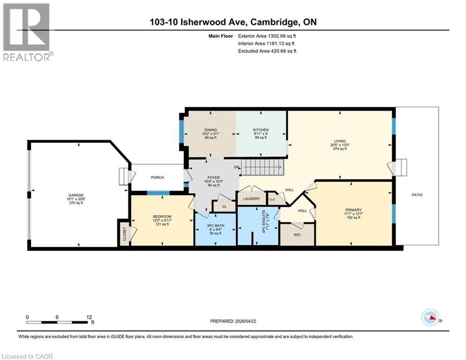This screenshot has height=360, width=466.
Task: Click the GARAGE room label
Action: tap(76, 195)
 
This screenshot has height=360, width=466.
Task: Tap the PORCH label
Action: tap(156, 177)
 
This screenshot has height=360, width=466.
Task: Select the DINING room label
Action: tap(210, 130)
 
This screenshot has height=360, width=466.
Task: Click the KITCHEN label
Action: tap(261, 130)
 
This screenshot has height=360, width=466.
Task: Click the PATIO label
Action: tap(417, 195)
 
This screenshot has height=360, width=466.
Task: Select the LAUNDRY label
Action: tap(251, 199)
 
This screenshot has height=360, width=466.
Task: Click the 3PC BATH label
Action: tap(215, 225)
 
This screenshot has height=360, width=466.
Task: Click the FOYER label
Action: tap(213, 178)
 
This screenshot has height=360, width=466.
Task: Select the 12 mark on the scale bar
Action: tap(89, 317)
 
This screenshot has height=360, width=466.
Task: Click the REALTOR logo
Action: tap(27, 32)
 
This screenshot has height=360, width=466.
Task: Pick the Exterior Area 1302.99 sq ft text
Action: tap(267, 35)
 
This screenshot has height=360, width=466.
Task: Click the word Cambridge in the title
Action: tap(277, 22)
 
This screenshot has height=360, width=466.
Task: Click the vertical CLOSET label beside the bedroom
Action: tap(125, 233)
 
